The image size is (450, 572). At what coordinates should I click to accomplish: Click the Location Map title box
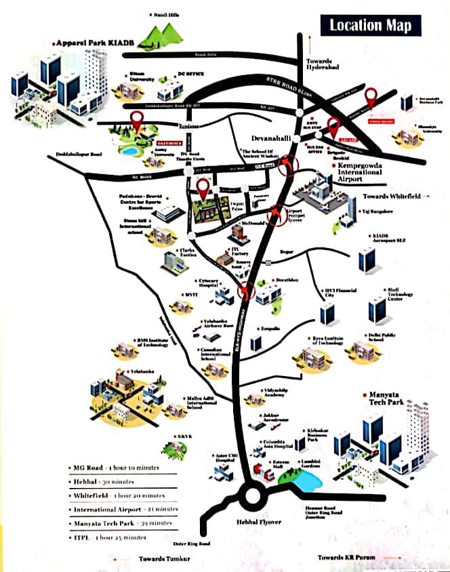[370, 26]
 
